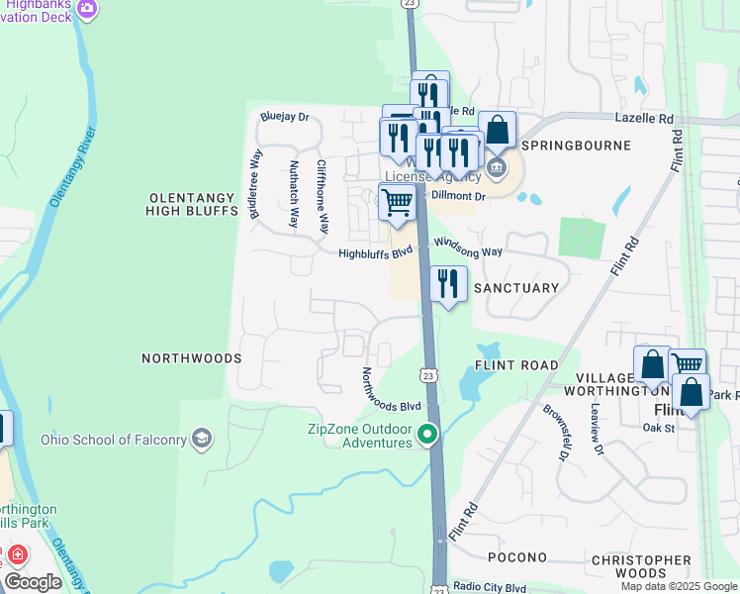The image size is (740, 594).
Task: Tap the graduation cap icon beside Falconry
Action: (x=203, y=439)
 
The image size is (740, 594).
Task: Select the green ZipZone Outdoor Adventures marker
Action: (x=427, y=435)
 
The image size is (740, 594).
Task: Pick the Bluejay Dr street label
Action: (x=285, y=116)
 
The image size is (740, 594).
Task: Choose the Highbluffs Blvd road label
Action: (x=374, y=253)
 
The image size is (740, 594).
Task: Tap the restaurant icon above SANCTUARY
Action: (x=448, y=284)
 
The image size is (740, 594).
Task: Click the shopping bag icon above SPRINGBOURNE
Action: (x=497, y=131)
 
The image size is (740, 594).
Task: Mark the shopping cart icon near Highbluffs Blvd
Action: (x=397, y=202)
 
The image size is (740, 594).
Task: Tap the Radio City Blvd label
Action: (x=490, y=587)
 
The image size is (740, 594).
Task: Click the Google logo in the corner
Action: (x=33, y=581)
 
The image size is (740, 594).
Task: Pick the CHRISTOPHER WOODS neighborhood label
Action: (x=640, y=566)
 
